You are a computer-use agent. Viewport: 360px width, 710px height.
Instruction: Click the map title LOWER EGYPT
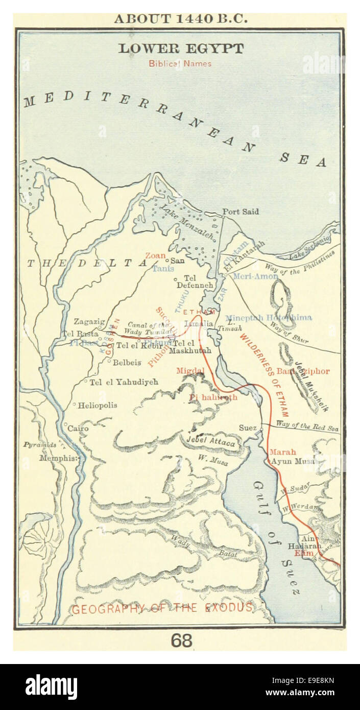[x=181, y=49]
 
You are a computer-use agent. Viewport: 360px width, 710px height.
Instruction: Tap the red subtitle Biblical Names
[x=180, y=64]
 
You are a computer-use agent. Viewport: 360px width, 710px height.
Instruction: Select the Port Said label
[x=241, y=211]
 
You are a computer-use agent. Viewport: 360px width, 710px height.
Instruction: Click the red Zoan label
[x=155, y=255]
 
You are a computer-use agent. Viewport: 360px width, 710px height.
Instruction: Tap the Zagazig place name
[x=89, y=321]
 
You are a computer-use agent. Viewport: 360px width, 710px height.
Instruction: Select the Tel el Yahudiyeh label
[x=124, y=382]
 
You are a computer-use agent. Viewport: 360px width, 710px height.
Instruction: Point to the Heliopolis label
[x=97, y=405]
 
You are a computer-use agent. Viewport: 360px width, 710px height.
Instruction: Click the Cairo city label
[x=78, y=428]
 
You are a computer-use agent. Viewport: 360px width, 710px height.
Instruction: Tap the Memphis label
[x=59, y=458]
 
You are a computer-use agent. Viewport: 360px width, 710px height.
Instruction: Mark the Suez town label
[x=248, y=428]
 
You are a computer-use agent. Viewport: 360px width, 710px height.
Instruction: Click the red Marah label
[x=282, y=452]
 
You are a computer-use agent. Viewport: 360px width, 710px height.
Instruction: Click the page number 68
[x=181, y=641]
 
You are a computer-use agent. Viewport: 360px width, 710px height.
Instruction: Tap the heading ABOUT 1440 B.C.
[x=180, y=19]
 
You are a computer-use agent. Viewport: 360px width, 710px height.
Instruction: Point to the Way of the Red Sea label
[x=307, y=425]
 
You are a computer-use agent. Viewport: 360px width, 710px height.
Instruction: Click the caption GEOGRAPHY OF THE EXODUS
[x=162, y=608]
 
